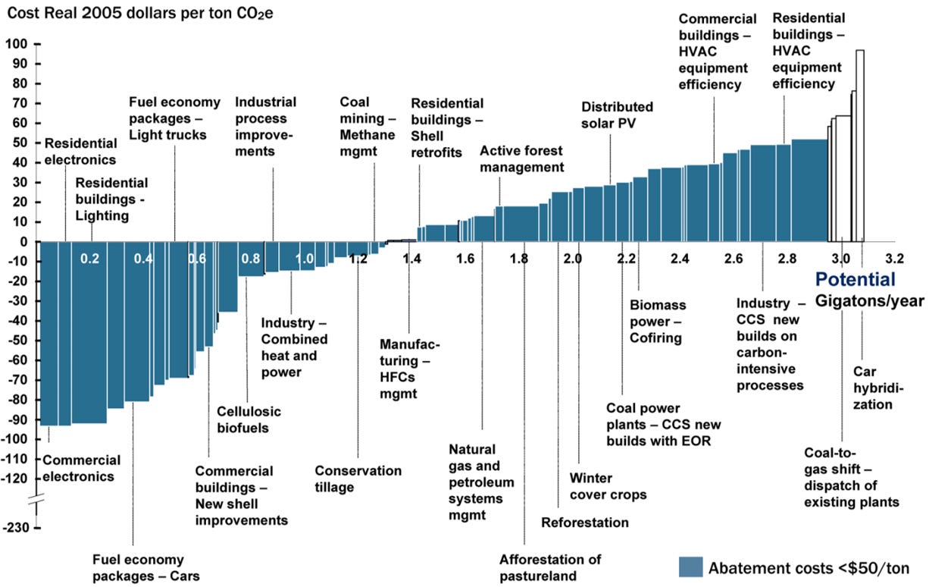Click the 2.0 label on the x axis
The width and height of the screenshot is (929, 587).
pos(573,259)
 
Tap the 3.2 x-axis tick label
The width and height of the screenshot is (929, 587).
pos(895,259)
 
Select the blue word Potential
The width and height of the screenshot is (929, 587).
pos(855,279)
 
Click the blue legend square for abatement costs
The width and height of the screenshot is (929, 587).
pos(691,567)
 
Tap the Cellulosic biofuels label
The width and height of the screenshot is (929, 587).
pos(249,419)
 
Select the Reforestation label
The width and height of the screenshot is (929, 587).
pos(585,523)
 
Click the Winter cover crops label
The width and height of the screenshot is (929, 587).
pos(608,486)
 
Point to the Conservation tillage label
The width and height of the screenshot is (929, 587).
pos(358,479)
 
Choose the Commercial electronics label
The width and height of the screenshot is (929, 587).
pos(81,468)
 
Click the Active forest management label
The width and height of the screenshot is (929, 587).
pos(522,159)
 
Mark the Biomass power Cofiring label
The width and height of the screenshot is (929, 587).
pos(657,321)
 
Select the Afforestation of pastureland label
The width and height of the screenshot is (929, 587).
pos(550,567)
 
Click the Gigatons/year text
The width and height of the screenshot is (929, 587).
pos(870,301)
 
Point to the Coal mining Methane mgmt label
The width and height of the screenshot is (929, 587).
pos(367,118)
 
